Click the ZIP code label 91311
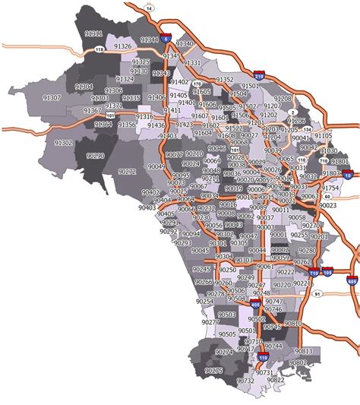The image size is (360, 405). click(x=94, y=34)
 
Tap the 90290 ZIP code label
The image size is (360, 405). click(x=96, y=154)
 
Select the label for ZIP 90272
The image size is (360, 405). click(x=128, y=172)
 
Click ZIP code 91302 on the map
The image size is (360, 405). click(x=63, y=142)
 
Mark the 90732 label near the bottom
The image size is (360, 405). click(x=245, y=380)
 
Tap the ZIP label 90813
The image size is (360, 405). click(x=304, y=350)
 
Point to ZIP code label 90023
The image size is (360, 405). click(x=328, y=205)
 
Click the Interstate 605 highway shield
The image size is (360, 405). click(x=353, y=281)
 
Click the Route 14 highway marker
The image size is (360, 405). click(x=149, y=8)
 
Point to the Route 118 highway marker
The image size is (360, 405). click(x=98, y=50)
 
